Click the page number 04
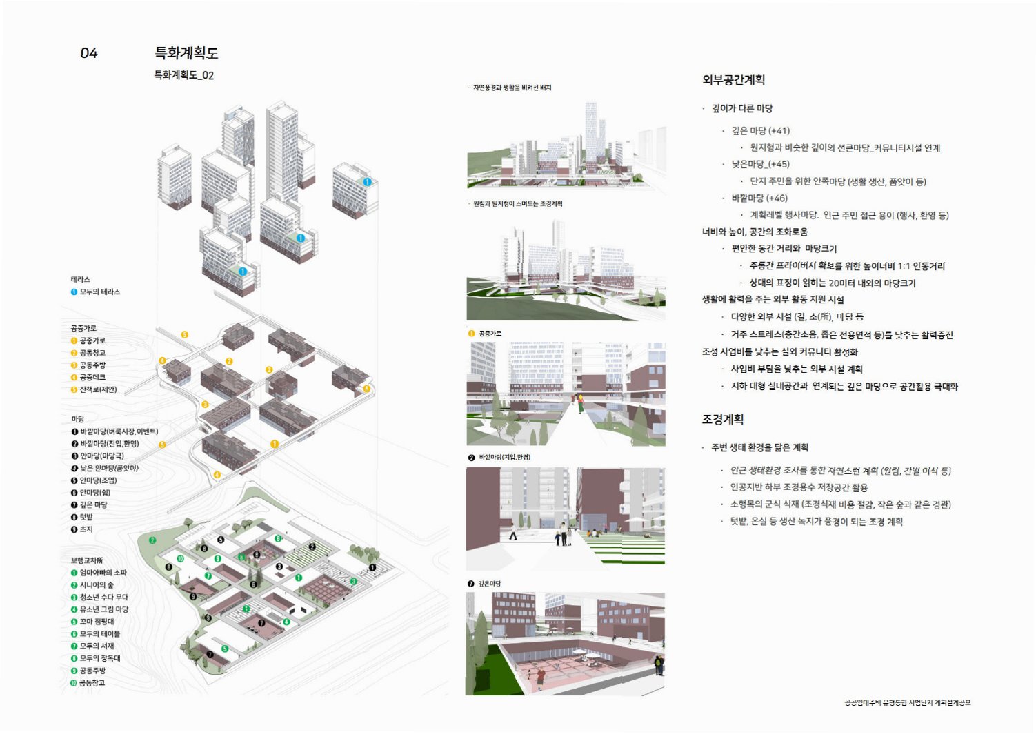pyautogui.click(x=89, y=53)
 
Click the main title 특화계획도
pyautogui.click(x=186, y=53)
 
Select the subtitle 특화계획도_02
pyautogui.click(x=183, y=75)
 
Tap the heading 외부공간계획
pyautogui.click(x=733, y=80)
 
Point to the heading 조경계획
pyautogui.click(x=722, y=419)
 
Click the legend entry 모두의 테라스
pyautogui.click(x=99, y=292)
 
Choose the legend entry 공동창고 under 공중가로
pyautogui.click(x=92, y=353)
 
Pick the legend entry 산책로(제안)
pyautogui.click(x=98, y=389)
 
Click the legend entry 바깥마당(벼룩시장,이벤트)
pyautogui.click(x=119, y=431)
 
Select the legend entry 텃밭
pyautogui.click(x=86, y=517)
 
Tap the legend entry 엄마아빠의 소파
pyautogui.click(x=103, y=573)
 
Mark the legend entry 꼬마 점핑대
pyautogui.click(x=97, y=622)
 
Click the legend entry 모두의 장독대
pyautogui.click(x=99, y=658)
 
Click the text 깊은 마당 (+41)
pyautogui.click(x=760, y=130)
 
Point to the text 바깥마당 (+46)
pyautogui.click(x=759, y=198)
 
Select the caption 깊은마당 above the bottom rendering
pyautogui.click(x=489, y=584)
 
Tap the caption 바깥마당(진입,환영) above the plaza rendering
pyautogui.click(x=504, y=458)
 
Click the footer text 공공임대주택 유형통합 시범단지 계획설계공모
pyautogui.click(x=907, y=703)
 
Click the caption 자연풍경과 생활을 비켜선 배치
pyautogui.click(x=512, y=88)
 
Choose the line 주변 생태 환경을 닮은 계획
pyautogui.click(x=759, y=447)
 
